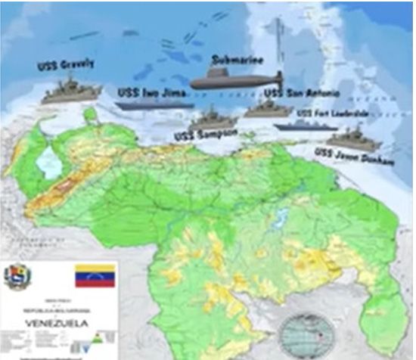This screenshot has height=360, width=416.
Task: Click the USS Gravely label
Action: point(66,65)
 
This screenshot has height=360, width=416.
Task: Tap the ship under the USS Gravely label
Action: point(67,92)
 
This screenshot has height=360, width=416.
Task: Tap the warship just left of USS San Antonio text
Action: point(267,107)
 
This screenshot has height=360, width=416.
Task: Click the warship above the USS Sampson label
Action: point(210,119)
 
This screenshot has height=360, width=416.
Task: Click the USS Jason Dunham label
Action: point(345,156)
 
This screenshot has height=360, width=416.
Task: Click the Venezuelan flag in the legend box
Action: point(95,276)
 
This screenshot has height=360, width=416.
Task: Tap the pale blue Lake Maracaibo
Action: point(48,161)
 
